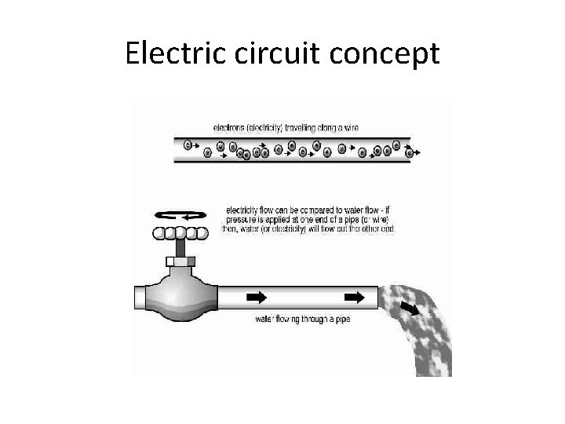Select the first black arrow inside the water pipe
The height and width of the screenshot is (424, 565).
coord(257,298)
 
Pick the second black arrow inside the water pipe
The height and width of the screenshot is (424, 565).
coord(355,298)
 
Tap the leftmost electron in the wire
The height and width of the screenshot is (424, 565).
coord(188,144)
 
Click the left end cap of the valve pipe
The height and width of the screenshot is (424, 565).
coord(141,298)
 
